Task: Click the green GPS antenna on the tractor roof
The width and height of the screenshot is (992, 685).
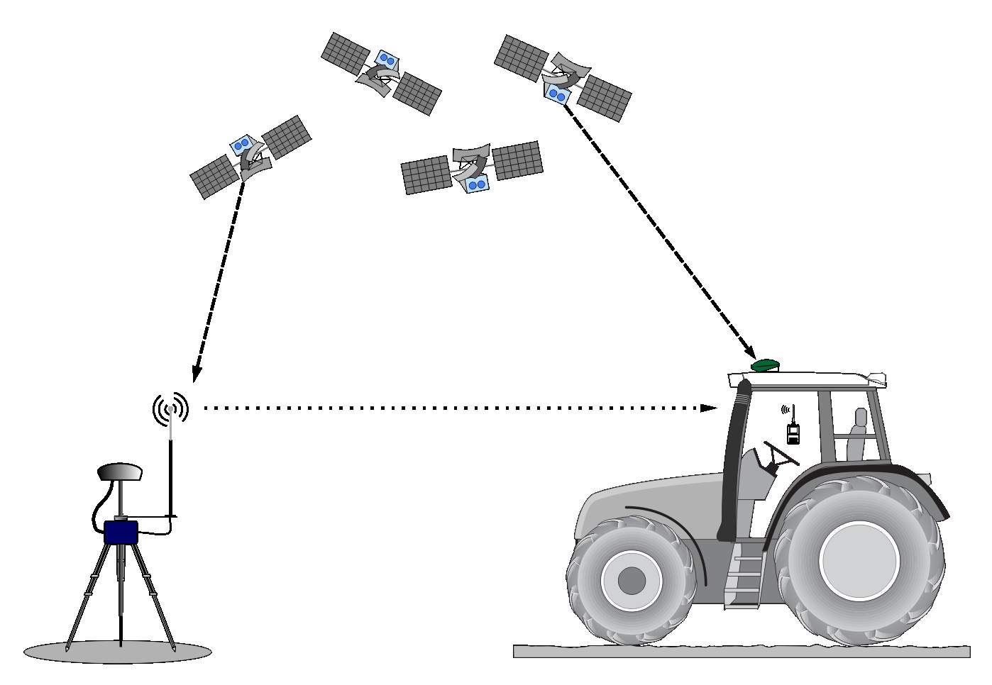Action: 766,366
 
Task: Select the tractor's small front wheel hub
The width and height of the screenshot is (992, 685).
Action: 631,581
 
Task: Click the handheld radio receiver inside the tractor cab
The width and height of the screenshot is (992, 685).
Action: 793,432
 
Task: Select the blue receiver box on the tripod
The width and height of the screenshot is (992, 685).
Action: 121,533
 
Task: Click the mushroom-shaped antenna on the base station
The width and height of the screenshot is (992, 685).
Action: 120,472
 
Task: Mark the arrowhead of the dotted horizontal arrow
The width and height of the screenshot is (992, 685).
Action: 708,408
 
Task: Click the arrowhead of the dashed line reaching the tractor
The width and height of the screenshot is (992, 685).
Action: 749,352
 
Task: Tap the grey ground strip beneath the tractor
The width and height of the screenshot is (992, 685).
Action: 742,651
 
